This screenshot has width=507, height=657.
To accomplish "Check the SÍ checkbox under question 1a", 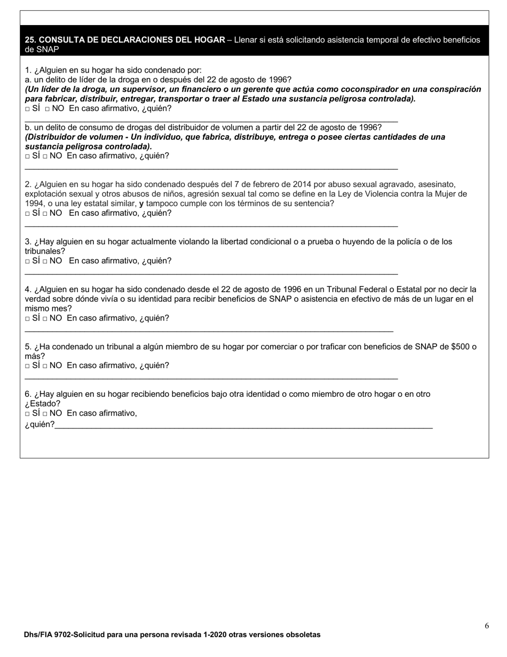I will (27, 109).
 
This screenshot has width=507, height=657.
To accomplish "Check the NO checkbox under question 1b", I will (45, 157).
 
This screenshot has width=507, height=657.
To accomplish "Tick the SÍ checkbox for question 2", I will (27, 214).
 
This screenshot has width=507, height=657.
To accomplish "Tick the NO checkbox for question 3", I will (45, 262).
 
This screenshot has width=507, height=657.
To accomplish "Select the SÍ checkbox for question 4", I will (27, 319).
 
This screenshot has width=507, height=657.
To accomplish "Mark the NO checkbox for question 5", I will (45, 366).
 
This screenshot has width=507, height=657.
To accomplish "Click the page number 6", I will (487, 626).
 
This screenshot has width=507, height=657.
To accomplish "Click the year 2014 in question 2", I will (302, 184).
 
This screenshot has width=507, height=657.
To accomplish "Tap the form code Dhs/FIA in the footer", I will (38, 635).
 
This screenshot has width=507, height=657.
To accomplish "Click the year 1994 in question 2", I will (34, 204).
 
